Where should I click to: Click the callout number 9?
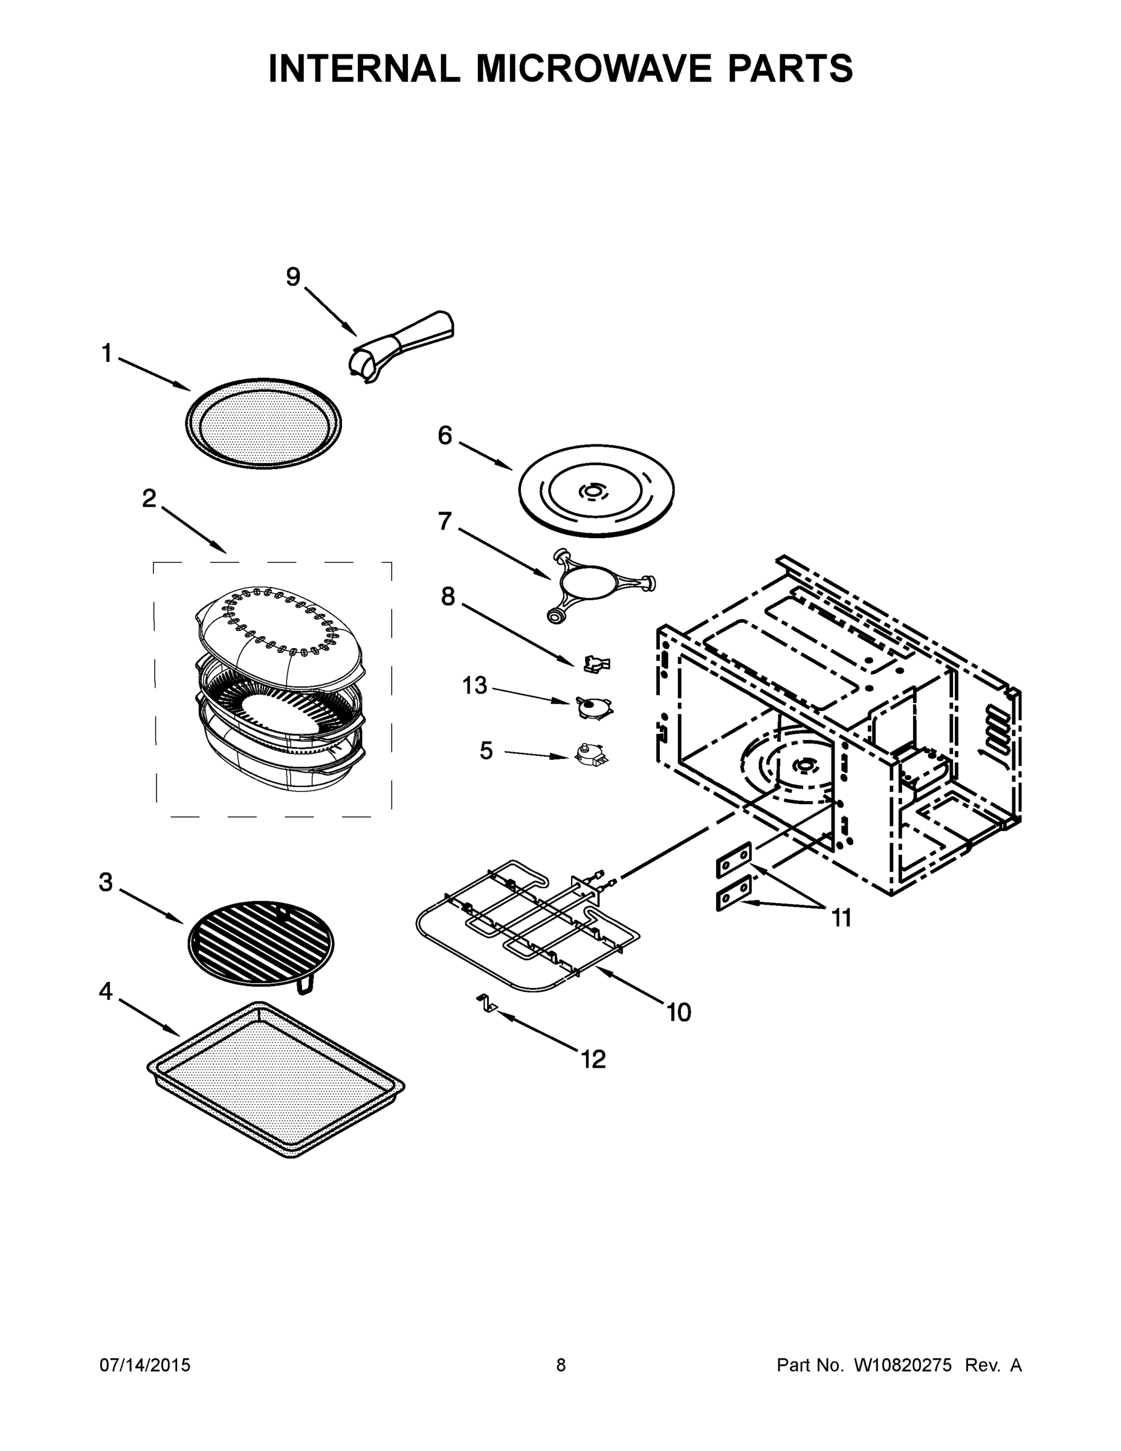293,277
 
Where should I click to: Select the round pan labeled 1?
263,423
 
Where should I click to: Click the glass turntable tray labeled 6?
596,491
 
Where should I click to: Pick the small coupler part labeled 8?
596,663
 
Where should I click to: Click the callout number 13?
475,685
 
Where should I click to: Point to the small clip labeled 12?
487,1005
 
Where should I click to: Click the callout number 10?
679,1012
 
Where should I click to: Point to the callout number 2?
149,498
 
